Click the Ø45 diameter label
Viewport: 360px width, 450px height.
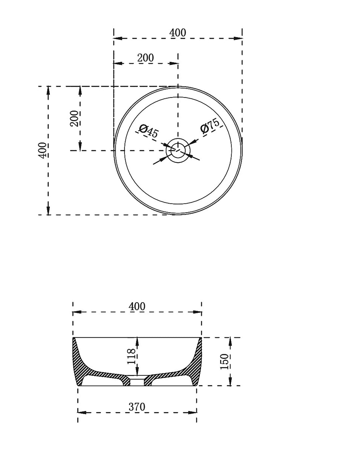[149, 131]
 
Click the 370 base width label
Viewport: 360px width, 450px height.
[137, 407]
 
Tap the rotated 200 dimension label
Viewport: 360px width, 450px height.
[74, 118]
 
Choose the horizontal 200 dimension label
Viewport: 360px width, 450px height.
[145, 58]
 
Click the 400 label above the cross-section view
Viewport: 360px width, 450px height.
[137, 306]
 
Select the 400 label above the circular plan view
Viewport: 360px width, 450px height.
[178, 33]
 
